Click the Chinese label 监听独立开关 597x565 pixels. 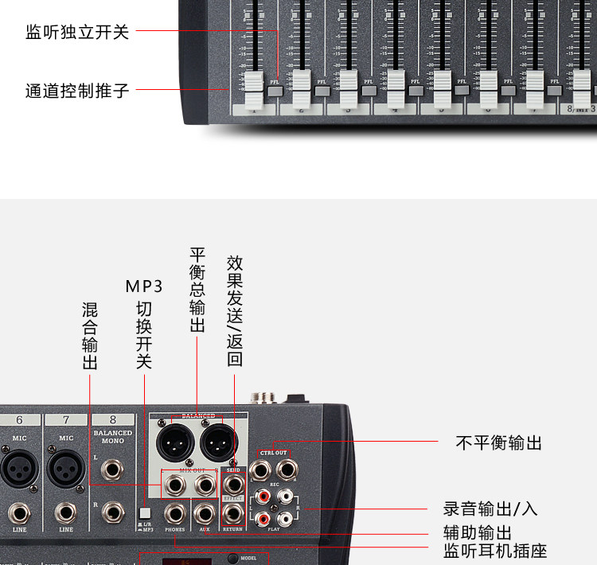[x=77, y=33]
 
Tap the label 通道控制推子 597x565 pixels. [x=77, y=90]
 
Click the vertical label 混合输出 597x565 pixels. [x=90, y=335]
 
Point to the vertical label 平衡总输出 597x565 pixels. [x=197, y=290]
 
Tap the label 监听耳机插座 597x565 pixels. [x=495, y=551]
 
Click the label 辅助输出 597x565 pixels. [x=478, y=532]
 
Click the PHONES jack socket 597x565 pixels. [x=175, y=513]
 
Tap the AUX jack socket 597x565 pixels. [x=205, y=513]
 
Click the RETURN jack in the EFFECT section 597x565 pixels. [x=233, y=513]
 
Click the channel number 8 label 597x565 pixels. [x=113, y=419]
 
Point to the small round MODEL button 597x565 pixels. [x=232, y=558]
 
